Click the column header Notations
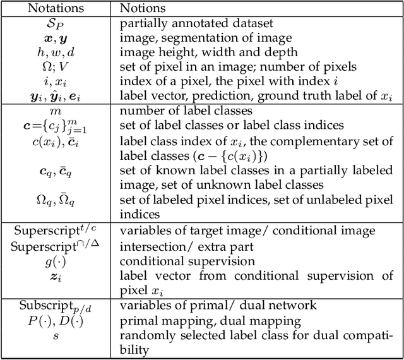point(56,9)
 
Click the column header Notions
point(142,9)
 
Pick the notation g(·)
point(57,260)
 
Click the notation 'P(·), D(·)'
point(57,320)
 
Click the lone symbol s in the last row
point(57,335)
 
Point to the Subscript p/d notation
point(57,306)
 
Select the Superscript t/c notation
point(57,231)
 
